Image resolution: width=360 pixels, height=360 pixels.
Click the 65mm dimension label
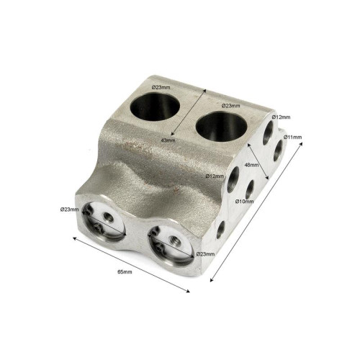click(125, 272)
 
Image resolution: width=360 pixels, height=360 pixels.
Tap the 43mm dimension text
click(168, 140)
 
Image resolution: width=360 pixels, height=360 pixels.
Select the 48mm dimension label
click(251, 165)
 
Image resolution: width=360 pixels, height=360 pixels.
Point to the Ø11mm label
click(292, 138)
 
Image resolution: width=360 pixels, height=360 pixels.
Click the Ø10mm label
click(244, 202)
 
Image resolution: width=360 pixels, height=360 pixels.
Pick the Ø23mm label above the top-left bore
click(161, 87)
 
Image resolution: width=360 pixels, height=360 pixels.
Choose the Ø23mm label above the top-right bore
click(231, 106)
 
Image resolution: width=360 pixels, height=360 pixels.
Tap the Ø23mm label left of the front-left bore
click(70, 210)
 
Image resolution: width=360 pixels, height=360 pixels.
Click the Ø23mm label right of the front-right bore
click(205, 254)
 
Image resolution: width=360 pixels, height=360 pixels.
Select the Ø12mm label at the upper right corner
click(281, 117)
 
